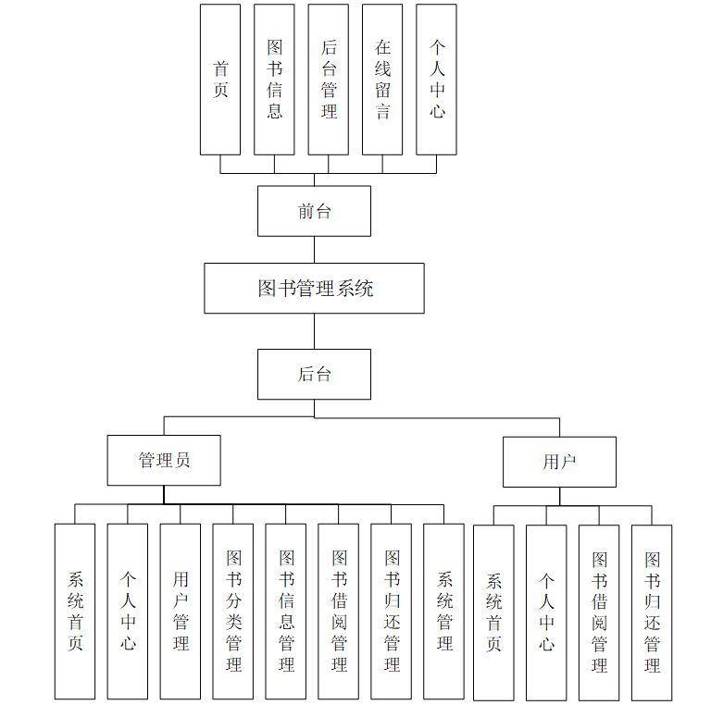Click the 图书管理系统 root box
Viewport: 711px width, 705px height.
click(314, 288)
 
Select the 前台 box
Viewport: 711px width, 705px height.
click(314, 211)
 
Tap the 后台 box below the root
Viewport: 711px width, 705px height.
click(314, 374)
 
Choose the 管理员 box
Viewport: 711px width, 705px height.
click(164, 460)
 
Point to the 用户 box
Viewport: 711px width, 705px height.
click(559, 462)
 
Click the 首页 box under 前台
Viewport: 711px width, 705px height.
click(220, 80)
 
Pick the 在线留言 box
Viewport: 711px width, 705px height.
click(382, 80)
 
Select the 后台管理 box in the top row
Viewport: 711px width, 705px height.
click(329, 80)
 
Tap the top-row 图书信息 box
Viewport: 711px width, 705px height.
click(274, 80)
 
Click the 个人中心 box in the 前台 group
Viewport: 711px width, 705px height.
click(436, 80)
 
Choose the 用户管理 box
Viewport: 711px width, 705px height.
click(181, 611)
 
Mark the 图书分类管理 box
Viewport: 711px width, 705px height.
click(233, 611)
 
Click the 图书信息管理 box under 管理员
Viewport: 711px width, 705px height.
click(286, 611)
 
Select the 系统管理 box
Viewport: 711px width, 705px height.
click(444, 611)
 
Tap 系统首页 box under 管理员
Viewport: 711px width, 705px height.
click(75, 611)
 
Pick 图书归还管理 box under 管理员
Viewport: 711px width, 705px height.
click(392, 611)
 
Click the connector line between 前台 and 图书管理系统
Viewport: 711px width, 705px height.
click(314, 250)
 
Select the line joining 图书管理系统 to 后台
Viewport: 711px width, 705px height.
click(314, 331)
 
